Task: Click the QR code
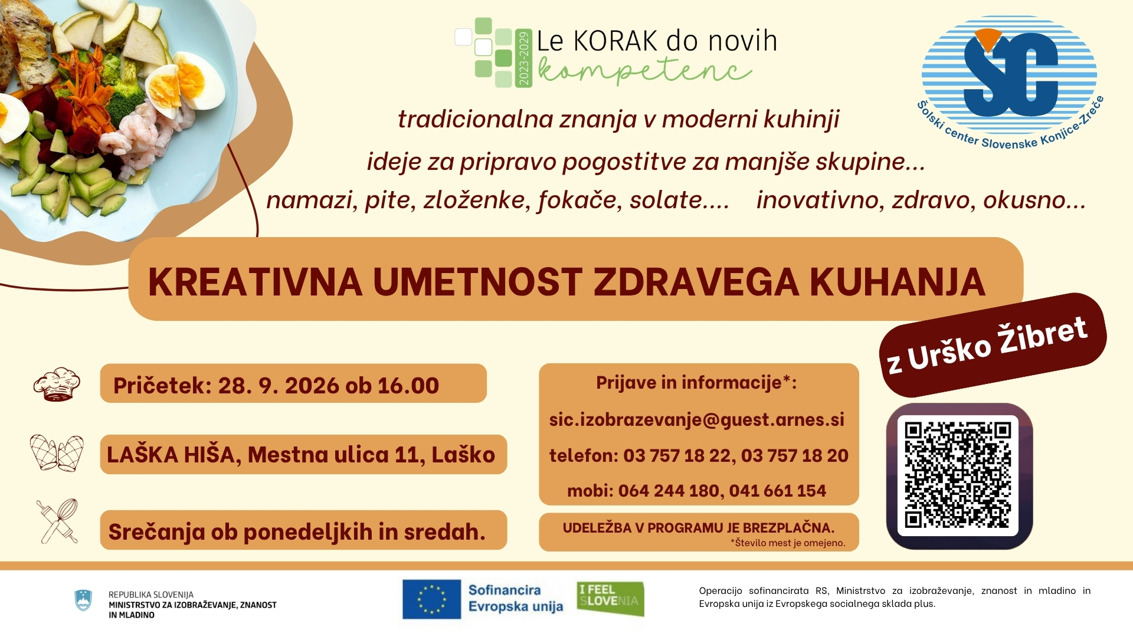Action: [958, 475]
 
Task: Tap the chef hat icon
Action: [57, 385]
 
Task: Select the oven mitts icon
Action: [57, 453]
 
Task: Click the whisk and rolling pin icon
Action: [57, 521]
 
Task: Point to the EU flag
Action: [431, 599]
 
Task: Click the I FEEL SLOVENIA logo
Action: [610, 599]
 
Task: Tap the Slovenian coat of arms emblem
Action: [83, 600]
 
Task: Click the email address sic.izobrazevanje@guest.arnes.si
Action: [697, 419]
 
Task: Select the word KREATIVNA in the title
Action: [255, 282]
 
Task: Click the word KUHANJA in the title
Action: [898, 282]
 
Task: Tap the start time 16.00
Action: [408, 386]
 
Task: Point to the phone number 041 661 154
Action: [777, 491]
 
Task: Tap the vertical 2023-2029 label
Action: [523, 58]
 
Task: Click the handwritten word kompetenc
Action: [644, 73]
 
